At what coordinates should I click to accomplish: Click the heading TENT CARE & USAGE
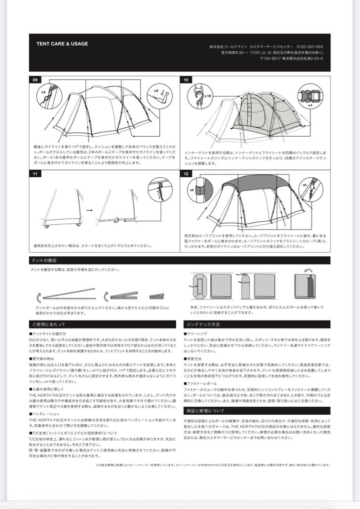tap(62, 44)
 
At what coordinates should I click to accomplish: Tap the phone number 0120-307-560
tap(310, 47)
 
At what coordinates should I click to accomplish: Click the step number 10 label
tap(187, 80)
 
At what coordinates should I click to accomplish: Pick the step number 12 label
tap(187, 174)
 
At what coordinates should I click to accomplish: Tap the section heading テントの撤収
tap(44, 261)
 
